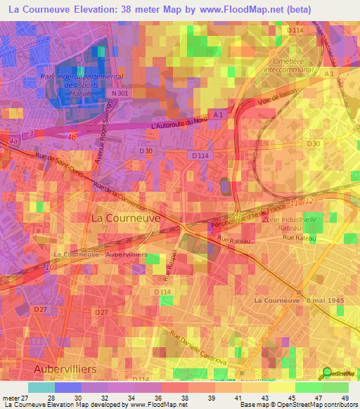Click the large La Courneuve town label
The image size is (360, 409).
coord(126,219)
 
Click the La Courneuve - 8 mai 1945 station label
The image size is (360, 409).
coord(298,300)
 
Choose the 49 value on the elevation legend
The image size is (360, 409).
coord(345,398)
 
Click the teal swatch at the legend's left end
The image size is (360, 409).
coord(41,387)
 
